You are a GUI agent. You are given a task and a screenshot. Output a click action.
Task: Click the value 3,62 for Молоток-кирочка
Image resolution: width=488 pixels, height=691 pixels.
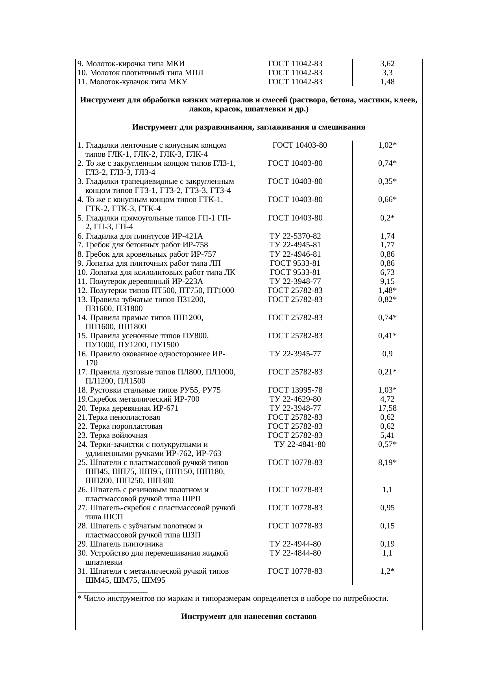pos(387,64)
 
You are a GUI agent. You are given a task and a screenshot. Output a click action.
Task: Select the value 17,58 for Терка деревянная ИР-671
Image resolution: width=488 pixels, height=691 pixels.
pos(387,408)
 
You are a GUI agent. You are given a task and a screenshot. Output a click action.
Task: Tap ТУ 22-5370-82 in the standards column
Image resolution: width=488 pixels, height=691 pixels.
pos(295,236)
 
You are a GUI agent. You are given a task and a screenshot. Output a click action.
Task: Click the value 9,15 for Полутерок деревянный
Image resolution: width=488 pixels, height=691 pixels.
pos(387,282)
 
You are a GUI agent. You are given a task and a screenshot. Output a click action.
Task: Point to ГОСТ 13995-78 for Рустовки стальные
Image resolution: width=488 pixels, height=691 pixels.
pos(295,390)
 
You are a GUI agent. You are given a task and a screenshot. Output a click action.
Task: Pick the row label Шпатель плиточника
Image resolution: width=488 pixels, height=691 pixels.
pos(120,544)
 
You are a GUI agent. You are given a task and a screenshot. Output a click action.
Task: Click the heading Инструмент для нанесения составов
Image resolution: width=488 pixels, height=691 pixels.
pos(249,617)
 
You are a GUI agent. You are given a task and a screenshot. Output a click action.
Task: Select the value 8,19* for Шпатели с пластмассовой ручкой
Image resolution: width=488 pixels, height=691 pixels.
pos(387,463)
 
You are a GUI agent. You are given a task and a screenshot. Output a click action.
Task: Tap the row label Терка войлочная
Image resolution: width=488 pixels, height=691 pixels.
pos(113,435)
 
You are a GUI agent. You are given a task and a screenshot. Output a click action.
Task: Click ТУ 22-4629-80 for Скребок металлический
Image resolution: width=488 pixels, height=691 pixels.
pos(295,399)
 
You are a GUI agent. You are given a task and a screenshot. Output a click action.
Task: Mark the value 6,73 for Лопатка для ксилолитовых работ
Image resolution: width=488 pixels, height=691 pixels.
pos(387,272)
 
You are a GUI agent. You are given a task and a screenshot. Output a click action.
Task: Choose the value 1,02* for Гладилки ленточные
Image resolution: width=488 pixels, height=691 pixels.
pos(387,145)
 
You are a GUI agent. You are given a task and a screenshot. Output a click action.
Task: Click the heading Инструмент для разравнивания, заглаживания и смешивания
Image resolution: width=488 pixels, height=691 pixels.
pos(249,128)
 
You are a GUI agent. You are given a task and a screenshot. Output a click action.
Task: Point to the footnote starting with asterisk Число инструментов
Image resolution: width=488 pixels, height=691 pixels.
pos(233,599)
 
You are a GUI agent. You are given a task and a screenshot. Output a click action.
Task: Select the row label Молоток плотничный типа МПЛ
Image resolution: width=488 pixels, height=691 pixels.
pos(140,73)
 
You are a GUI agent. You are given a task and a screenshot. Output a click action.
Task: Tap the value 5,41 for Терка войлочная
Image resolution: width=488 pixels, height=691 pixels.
pos(387,435)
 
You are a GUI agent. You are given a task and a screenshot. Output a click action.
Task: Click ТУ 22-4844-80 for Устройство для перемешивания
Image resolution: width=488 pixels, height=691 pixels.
pos(295,553)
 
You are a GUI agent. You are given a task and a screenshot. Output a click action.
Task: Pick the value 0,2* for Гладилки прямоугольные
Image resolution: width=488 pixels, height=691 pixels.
pos(387,218)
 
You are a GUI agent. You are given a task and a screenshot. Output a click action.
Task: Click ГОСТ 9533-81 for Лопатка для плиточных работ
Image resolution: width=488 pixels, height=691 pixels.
pos(295,263)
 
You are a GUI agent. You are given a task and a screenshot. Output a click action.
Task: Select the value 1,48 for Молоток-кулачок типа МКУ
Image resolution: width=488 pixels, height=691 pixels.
pos(387,82)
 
